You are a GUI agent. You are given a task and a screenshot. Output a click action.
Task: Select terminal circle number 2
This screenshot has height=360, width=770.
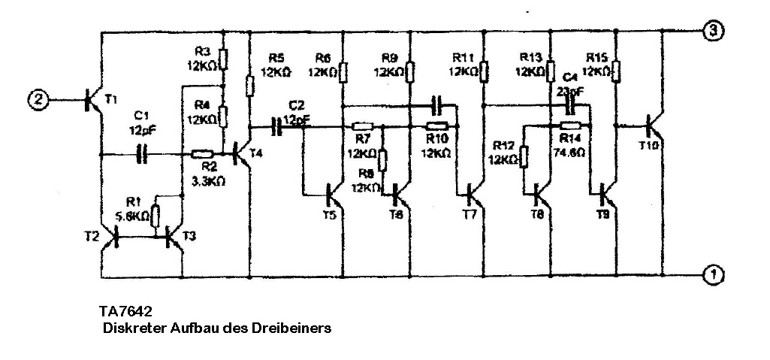(38, 98)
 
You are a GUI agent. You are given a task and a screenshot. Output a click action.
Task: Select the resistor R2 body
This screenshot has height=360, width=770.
(201, 155)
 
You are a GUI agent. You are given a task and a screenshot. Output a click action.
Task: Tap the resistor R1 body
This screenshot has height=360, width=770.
(156, 216)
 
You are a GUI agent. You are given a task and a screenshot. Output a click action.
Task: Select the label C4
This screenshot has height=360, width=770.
(570, 79)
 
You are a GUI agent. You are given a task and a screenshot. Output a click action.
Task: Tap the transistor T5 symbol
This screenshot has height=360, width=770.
(333, 196)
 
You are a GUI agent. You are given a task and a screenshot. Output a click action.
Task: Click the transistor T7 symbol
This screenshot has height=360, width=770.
(473, 195)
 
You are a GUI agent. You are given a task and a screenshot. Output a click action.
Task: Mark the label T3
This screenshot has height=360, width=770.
(190, 236)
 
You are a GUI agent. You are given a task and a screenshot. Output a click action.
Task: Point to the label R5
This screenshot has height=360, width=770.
(276, 58)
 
